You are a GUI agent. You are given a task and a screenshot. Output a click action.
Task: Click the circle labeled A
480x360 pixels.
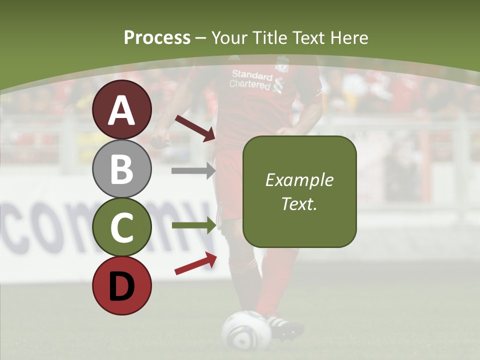tap(122, 109)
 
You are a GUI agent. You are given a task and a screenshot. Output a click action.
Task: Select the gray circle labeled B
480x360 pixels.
tap(122, 168)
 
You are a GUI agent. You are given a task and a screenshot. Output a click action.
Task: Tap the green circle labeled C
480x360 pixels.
tap(122, 227)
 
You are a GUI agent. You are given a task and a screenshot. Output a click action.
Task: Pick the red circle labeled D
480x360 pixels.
tap(122, 285)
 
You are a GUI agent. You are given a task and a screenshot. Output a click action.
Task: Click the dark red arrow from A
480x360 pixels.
tap(195, 128)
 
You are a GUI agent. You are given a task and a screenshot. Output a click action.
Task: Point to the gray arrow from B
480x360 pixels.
tap(193, 170)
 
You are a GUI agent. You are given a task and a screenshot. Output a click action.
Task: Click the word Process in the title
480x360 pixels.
tap(157, 37)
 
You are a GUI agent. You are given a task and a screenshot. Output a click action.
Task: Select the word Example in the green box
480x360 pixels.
tap(299, 180)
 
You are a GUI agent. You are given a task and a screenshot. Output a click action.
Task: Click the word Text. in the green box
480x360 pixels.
tap(299, 203)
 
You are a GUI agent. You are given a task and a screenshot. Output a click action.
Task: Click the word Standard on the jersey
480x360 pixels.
tap(252, 75)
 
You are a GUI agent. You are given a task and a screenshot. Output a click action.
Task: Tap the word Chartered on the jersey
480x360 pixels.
tap(249, 84)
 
